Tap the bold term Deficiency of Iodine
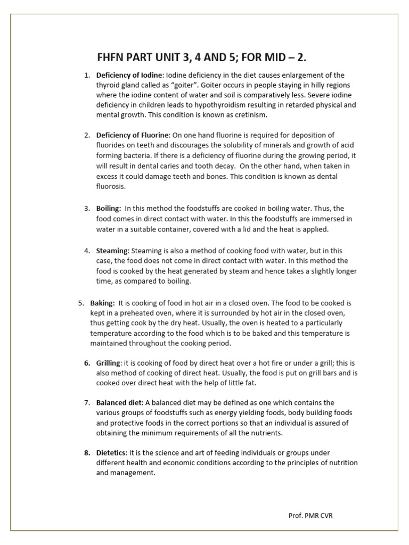[x=128, y=75]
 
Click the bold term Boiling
[x=109, y=208]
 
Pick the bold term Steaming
[x=112, y=250]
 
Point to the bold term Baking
[x=103, y=303]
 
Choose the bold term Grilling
[x=109, y=362]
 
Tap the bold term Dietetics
[x=111, y=452]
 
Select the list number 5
[x=81, y=303]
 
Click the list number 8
[x=86, y=452]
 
